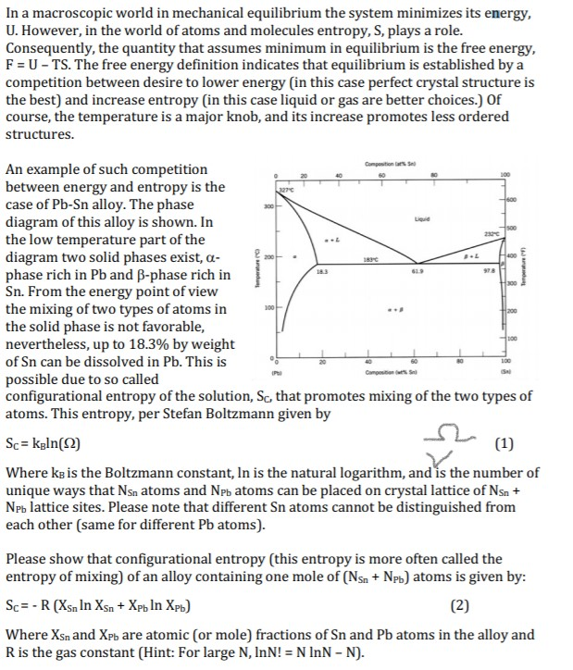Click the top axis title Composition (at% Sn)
[406, 165]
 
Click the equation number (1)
[505, 442]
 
